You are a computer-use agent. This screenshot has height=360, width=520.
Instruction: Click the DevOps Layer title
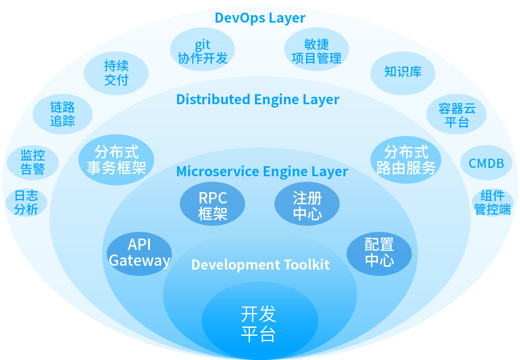[260, 18]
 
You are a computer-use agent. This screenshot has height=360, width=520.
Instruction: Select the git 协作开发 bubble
[203, 51]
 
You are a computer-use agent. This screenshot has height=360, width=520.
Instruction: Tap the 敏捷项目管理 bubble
[317, 51]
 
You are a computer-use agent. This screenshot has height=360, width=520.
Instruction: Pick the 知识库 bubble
[403, 72]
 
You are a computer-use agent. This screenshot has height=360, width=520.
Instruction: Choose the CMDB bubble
[486, 163]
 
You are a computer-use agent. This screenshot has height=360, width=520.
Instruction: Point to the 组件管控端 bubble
[492, 203]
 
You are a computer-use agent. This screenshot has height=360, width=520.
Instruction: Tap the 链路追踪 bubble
[62, 114]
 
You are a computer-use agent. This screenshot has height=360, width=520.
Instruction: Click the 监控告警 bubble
[33, 162]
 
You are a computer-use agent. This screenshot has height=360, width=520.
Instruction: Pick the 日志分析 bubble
[26, 203]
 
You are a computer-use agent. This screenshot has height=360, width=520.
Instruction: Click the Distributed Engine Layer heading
[257, 100]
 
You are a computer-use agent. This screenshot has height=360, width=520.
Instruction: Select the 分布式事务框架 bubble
[116, 159]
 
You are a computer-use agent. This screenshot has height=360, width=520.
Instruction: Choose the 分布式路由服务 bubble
[406, 159]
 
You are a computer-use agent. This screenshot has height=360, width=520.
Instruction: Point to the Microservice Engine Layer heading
[262, 172]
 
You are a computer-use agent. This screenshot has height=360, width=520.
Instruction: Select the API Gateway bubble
[139, 253]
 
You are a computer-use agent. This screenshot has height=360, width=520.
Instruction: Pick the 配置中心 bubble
[379, 253]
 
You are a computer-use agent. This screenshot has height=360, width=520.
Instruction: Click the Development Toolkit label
[260, 265]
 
